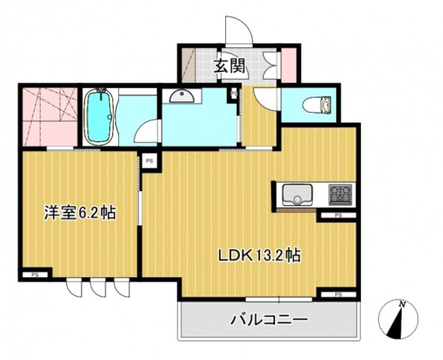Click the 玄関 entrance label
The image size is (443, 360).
point(230,66)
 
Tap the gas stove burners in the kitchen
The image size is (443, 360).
point(340,194)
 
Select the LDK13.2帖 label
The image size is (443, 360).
point(258,255)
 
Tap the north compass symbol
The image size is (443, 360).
point(399,319)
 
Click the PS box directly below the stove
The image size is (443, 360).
point(337,216)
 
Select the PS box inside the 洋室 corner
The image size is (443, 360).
point(33,274)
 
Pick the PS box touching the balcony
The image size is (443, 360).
point(338,294)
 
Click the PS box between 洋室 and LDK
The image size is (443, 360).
point(149,159)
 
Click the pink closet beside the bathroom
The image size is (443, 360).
point(47,117)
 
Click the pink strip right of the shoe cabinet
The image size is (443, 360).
point(289,65)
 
